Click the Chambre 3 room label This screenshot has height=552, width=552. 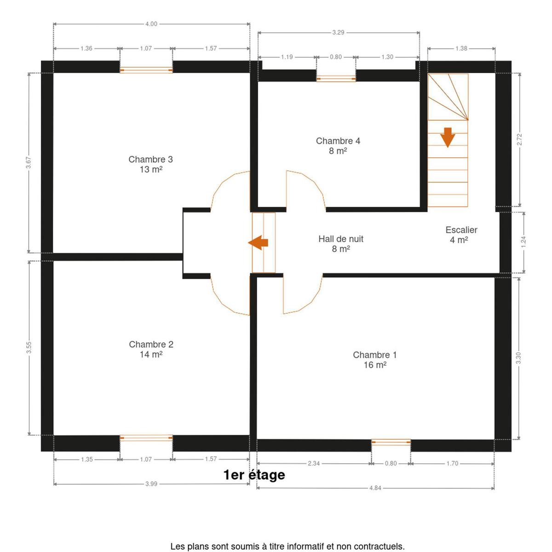point(150,164)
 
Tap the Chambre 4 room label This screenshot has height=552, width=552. point(338,146)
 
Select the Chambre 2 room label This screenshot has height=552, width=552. point(151,349)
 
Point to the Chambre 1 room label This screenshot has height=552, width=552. point(375,360)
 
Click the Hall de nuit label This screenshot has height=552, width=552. point(340,244)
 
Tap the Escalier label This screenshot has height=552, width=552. point(461,235)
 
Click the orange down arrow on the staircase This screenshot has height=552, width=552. point(448,138)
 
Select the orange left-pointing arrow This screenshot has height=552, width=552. point(258,242)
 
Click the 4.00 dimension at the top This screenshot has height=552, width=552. point(151,24)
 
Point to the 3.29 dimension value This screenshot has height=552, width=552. point(338,33)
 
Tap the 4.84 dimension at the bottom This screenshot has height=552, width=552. point(375,488)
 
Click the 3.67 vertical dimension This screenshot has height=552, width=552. point(29,163)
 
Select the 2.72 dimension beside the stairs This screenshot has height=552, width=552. point(520,139)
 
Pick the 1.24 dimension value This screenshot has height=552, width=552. point(524,242)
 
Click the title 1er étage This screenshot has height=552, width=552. point(254,475)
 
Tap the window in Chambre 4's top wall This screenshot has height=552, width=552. point(336,79)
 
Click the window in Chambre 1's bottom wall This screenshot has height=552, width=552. point(391,443)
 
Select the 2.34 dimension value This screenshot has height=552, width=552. point(314,463)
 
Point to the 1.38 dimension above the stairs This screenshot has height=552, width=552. point(461,48)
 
